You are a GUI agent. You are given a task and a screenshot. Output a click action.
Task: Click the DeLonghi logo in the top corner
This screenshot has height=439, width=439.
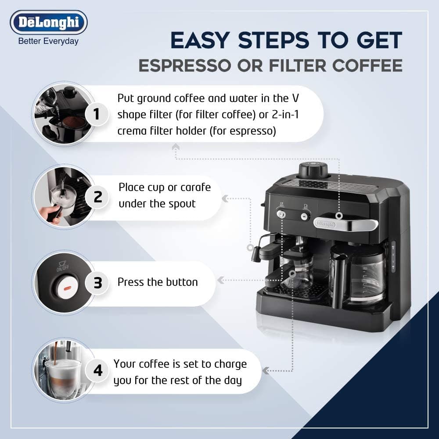(49, 22)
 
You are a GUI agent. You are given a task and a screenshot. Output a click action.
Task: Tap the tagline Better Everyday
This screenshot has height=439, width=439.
(48, 41)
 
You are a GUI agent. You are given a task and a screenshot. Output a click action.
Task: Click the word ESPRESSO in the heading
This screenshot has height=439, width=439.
(185, 66)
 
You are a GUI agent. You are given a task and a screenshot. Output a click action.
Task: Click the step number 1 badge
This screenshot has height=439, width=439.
(97, 114)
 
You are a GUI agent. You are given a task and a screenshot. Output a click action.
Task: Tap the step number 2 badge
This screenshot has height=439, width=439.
(97, 197)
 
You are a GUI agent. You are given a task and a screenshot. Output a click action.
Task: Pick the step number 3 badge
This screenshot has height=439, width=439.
(97, 282)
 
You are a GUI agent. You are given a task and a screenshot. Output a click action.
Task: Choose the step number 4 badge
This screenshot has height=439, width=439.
(97, 371)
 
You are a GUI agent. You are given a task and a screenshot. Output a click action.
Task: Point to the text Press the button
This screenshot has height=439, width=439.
(158, 282)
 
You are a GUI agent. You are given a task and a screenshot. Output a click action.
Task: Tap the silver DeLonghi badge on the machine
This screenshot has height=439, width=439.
(325, 224)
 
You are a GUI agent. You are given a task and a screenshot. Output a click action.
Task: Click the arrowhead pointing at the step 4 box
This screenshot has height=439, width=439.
(266, 371)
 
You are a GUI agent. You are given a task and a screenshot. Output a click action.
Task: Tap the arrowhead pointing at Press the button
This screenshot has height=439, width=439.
(221, 280)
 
